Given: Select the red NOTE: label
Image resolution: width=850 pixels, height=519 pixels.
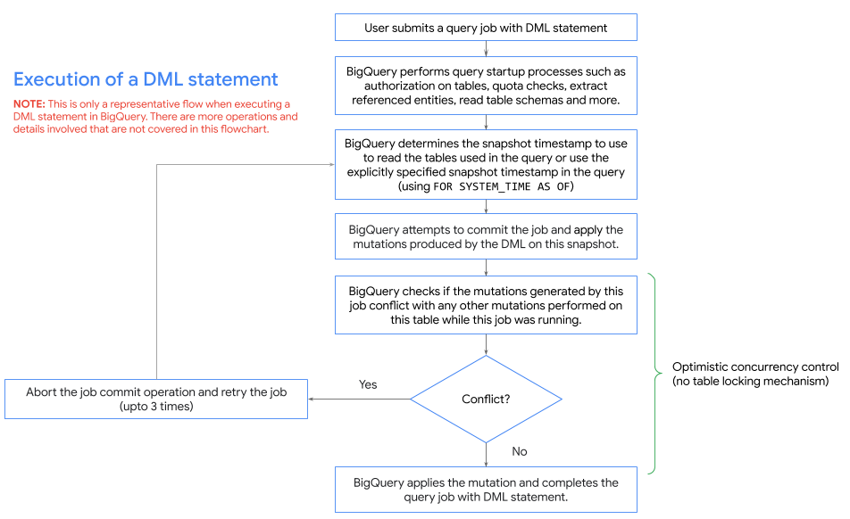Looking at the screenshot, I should [29, 104].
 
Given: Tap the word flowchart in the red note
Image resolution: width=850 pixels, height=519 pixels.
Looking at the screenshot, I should [241, 129].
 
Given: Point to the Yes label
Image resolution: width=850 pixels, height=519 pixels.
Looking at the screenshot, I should [368, 384].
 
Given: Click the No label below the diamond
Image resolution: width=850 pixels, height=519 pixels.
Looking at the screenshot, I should [520, 451].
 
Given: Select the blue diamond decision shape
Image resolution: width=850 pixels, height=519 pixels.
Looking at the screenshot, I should [486, 399].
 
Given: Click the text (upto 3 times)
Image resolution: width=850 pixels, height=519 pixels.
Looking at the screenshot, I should [156, 406].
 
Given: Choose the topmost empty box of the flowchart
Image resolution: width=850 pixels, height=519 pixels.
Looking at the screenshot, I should [486, 27].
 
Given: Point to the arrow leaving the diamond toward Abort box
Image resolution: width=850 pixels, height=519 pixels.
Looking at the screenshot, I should [357, 399].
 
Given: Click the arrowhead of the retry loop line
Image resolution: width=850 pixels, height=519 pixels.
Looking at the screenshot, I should [331, 164].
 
